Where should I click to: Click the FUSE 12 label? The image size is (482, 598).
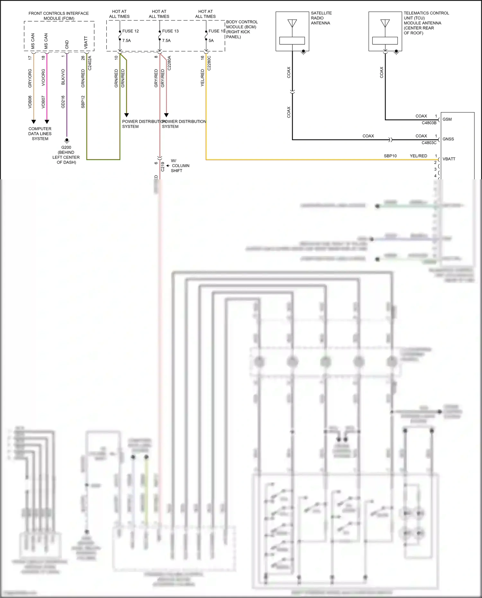tap(130, 31)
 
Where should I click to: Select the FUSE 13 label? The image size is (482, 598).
tap(170, 31)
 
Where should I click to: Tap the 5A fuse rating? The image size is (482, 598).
tap(211, 41)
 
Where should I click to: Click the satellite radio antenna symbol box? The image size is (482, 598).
tap(292, 31)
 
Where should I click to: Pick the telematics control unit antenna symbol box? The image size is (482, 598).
tap(385, 31)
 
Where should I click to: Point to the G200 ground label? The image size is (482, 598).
tap(66, 147)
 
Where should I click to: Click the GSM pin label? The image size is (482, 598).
tap(447, 120)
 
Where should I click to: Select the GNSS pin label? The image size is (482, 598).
tap(448, 139)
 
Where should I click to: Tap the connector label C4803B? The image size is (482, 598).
tap(429, 123)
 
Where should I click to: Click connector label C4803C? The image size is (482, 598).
tap(429, 143)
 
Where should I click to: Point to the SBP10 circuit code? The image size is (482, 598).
tap(390, 156)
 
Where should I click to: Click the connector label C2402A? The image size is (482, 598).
tap(90, 63)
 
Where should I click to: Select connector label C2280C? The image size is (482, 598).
tap(209, 63)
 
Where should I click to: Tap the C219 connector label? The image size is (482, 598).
tap(163, 166)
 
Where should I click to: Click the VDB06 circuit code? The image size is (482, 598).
tap(30, 102)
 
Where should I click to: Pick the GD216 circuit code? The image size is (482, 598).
tap(63, 102)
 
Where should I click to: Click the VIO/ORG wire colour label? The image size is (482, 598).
tap(43, 77)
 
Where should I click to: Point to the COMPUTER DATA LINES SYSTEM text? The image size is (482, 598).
tap(40, 134)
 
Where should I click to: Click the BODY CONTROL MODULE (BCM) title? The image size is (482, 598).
tap(242, 24)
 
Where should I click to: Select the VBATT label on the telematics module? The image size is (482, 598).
tap(449, 159)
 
